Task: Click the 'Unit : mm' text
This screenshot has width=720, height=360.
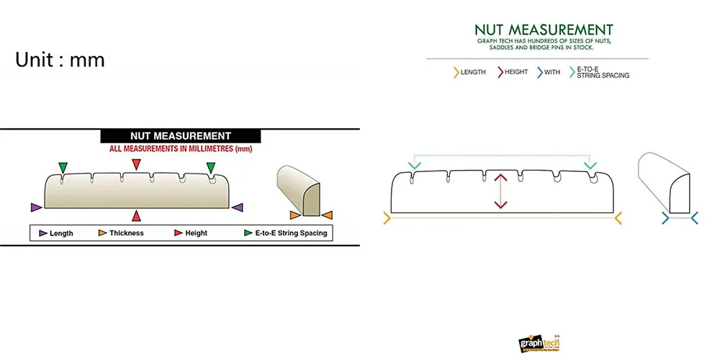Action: [60, 60]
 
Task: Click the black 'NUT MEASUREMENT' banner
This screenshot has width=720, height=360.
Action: [180, 135]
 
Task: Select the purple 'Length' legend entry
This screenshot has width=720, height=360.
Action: [55, 233]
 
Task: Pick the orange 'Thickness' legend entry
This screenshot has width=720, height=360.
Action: [121, 233]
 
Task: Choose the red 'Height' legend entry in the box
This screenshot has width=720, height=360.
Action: [191, 233]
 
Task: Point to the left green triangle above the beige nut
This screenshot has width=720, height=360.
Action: [63, 168]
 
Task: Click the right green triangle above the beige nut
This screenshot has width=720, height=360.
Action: [211, 168]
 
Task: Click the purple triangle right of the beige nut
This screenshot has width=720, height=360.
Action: [238, 207]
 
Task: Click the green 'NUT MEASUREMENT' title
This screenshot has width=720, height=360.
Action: [544, 30]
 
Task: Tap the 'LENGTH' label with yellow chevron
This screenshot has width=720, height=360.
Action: [469, 72]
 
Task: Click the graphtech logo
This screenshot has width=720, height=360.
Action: [539, 343]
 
